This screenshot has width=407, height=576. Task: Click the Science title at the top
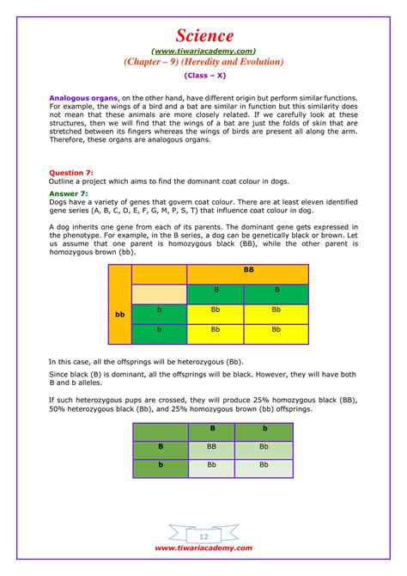click(x=203, y=35)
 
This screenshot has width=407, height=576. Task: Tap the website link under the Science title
click(x=203, y=51)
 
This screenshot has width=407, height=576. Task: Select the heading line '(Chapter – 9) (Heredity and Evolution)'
click(x=203, y=62)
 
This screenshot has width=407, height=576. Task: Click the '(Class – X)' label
click(x=203, y=76)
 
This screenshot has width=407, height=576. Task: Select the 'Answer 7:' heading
click(x=69, y=193)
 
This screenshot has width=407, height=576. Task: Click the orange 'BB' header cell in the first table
click(x=247, y=270)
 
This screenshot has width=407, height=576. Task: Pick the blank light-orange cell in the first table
click(x=159, y=291)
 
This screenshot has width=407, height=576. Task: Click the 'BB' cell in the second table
click(x=211, y=447)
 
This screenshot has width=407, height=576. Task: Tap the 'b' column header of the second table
click(x=264, y=427)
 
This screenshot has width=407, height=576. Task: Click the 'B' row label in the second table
click(x=160, y=447)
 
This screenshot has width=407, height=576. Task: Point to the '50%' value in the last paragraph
click(x=58, y=410)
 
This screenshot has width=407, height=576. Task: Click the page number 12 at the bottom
click(x=203, y=534)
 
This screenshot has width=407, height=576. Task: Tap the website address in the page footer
click(x=203, y=548)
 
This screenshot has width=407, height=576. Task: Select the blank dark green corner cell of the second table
click(x=160, y=427)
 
